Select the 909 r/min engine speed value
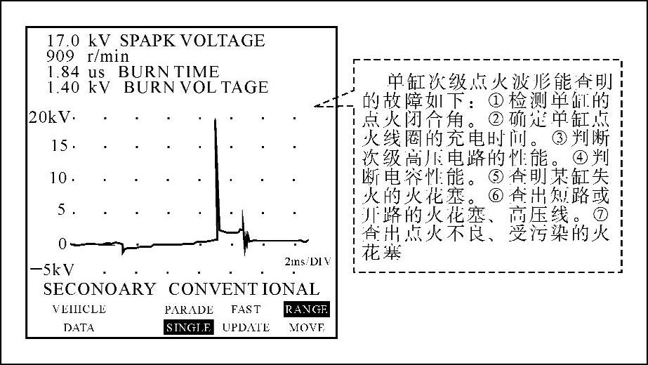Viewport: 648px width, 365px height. pos(59,56)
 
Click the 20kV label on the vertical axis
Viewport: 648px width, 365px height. pos(50,117)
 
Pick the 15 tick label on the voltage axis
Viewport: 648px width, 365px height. pos(60,146)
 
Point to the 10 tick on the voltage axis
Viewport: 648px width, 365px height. pos(60,178)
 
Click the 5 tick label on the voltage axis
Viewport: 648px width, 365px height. pos(64,209)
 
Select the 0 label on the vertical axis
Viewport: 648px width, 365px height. pos(63,244)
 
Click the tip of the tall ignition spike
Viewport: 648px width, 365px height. pos(215,120)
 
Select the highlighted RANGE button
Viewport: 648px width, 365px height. pos(305,309)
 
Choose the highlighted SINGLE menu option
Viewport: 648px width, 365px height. pos(188,327)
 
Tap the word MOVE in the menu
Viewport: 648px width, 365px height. pos(306,327)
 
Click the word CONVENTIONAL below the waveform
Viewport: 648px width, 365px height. pos(244,288)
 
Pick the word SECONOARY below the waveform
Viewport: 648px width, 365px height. pos(99,288)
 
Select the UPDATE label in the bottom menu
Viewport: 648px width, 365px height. pos(246,327)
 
